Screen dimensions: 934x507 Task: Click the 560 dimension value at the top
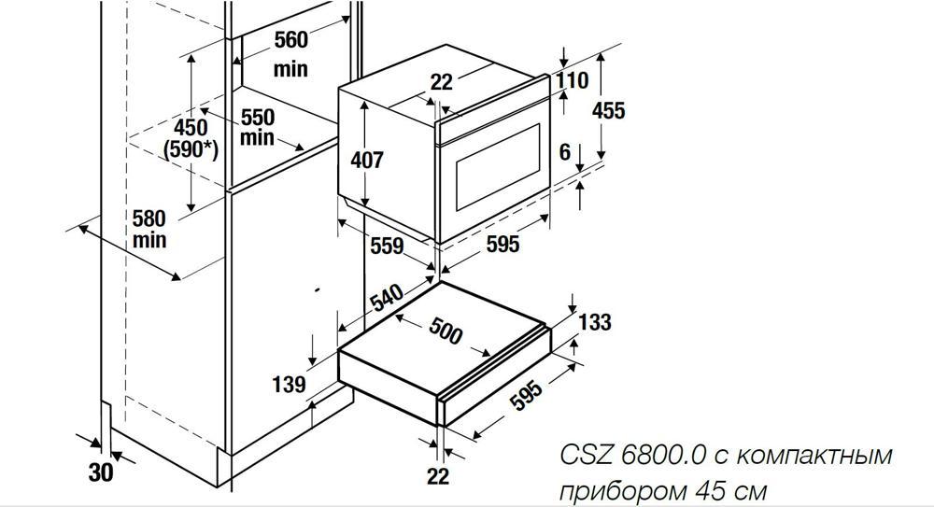tap(290, 40)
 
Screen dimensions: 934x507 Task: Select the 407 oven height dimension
tap(367, 160)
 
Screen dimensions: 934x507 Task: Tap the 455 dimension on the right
tap(608, 110)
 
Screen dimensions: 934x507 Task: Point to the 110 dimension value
tap(572, 80)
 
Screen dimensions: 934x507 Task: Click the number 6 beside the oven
tap(565, 152)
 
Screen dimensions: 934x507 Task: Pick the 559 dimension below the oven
tap(387, 246)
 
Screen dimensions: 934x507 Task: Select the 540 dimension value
tap(387, 298)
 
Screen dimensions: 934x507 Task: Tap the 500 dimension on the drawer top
tap(446, 331)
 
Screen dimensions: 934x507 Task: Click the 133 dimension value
tap(595, 322)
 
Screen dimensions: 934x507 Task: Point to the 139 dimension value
tap(289, 385)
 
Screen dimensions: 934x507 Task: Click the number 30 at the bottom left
tap(101, 472)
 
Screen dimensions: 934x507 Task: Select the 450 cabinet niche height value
tap(191, 127)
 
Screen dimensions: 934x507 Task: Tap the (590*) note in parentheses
tap(191, 149)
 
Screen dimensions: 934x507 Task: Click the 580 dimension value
tap(149, 218)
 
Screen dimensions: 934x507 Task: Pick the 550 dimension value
tap(258, 117)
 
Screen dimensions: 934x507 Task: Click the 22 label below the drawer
tap(438, 476)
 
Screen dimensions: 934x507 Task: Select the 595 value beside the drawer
tap(528, 394)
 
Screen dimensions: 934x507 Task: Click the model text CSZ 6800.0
tap(633, 456)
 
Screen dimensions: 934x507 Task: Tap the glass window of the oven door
tap(498, 167)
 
